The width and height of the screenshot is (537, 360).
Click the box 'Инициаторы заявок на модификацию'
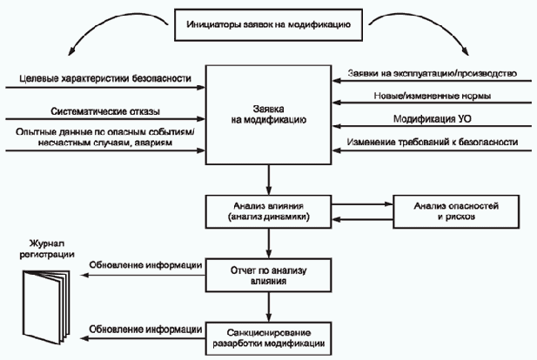pyautogui.click(x=268, y=25)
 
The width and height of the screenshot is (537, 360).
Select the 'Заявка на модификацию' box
pyautogui.click(x=268, y=115)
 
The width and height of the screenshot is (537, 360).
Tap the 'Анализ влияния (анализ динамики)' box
pyautogui.click(x=268, y=211)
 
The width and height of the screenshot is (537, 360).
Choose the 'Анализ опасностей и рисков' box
pyautogui.click(x=456, y=211)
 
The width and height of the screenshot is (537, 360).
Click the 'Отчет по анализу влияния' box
pyautogui.click(x=268, y=275)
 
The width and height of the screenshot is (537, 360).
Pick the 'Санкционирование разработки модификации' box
pyautogui.click(x=268, y=338)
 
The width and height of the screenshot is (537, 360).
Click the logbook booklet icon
pyautogui.click(x=46, y=307)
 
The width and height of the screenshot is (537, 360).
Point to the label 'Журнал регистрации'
pyautogui.click(x=47, y=249)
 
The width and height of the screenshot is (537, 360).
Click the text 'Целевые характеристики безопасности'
pyautogui.click(x=105, y=78)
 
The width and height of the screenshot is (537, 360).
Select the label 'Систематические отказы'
pyautogui.click(x=105, y=111)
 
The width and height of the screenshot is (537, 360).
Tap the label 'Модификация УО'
pyautogui.click(x=433, y=119)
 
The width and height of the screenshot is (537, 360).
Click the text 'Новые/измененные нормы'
pyautogui.click(x=433, y=96)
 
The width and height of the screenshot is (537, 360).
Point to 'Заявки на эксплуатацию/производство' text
pyautogui.click(x=433, y=73)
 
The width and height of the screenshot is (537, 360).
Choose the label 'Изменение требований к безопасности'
pyautogui.click(x=433, y=142)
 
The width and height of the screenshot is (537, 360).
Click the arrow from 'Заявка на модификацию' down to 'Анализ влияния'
pyautogui.click(x=268, y=180)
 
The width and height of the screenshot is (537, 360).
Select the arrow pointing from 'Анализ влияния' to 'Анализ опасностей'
pyautogui.click(x=362, y=204)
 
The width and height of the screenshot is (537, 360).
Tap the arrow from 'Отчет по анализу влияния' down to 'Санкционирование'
pyautogui.click(x=268, y=307)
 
